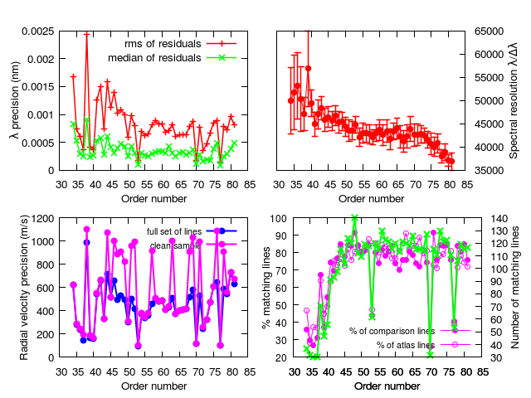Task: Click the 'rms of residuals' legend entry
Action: tap(180, 44)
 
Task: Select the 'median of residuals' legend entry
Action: tap(172, 58)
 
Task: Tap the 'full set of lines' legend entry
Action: tap(192, 231)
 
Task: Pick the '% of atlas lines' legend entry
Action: tap(423, 345)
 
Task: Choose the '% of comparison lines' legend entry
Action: tap(410, 331)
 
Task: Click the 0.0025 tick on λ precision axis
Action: tap(38, 32)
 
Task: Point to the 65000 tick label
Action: tap(489, 32)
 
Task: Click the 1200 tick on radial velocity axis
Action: tap(42, 219)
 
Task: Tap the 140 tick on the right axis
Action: tap(499, 219)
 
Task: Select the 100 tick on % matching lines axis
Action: tap(279, 219)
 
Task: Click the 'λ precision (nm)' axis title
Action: tap(15, 100)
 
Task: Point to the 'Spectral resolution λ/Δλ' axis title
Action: tap(514, 100)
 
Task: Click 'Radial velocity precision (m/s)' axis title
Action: tap(24, 288)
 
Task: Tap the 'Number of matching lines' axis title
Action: tap(515, 288)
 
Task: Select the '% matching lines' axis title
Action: tap(266, 288)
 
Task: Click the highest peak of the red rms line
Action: tap(87, 34)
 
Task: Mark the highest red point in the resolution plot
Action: tap(308, 68)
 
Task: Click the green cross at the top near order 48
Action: tap(354, 217)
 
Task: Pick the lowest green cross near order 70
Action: tap(430, 355)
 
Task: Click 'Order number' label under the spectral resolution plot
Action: tap(371, 199)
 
